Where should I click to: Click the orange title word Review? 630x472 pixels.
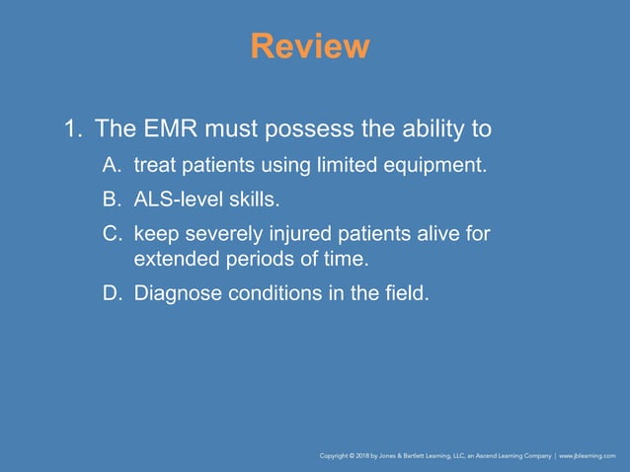(x=310, y=45)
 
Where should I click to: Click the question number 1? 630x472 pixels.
(x=71, y=128)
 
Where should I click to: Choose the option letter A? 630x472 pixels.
(x=110, y=165)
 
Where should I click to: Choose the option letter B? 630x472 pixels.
(x=110, y=200)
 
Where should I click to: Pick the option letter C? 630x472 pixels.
(x=110, y=234)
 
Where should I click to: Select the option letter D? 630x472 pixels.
(x=110, y=292)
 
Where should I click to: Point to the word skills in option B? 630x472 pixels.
(x=250, y=200)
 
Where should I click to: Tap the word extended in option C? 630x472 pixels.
(x=173, y=261)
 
